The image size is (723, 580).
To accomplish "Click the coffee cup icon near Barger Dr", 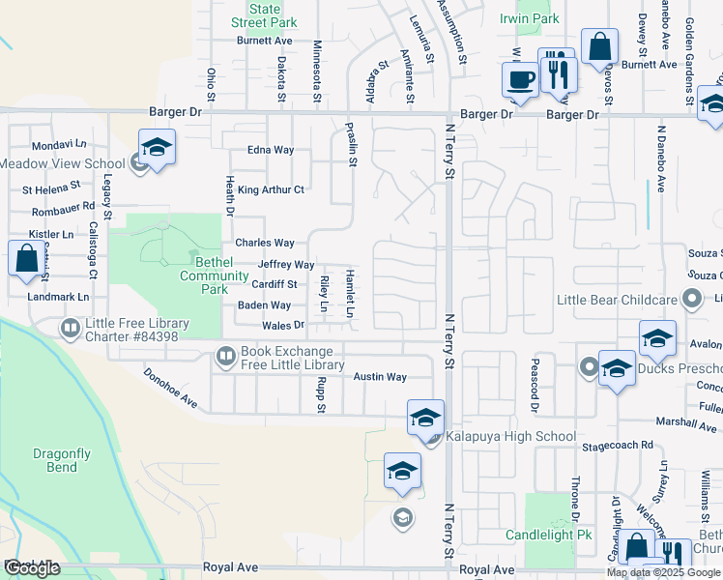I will pos(520,79).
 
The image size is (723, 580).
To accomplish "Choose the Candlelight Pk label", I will pos(548,535).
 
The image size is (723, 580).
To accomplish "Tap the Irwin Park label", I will pos(530,18).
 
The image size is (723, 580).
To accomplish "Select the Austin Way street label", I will pos(379,377).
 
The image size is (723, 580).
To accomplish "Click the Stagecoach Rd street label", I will pos(618,446).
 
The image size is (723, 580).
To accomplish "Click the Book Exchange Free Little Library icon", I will pos(225,358).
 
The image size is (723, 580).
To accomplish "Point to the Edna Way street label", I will pos(271,150).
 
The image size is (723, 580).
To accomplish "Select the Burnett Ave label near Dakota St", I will pos(265,42).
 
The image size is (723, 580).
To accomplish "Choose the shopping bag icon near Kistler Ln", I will pos(25,259).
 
